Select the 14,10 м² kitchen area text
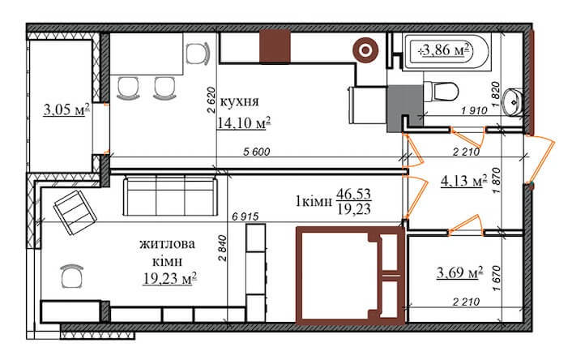[242, 122]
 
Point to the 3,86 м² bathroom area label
[445, 50]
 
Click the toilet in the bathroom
[445, 88]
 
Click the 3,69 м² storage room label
[459, 272]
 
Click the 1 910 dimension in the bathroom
[474, 111]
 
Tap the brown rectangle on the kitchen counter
[274, 46]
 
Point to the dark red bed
[349, 276]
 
